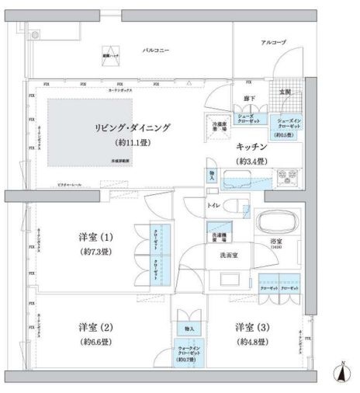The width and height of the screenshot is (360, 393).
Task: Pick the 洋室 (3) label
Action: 252,326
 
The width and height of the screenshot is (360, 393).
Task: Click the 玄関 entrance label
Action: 284,92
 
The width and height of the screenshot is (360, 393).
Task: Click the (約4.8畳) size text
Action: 252,341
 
